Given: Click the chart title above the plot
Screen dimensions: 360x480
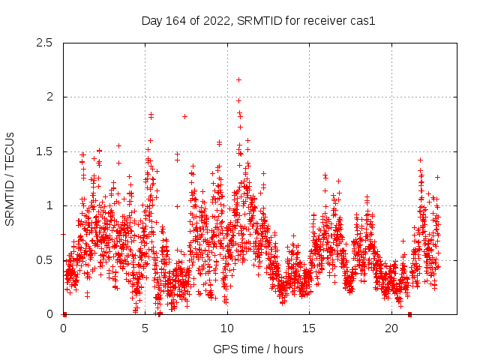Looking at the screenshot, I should tap(258, 20).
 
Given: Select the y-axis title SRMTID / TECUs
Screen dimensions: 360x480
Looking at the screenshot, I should tap(10, 178).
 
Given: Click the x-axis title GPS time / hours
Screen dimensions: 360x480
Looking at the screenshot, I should tap(258, 349).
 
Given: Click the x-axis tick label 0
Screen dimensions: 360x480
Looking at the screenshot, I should tap(63, 328).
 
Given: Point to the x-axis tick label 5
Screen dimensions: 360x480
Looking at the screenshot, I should tap(145, 328).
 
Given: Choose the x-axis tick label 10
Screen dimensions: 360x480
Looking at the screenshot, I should tap(227, 328).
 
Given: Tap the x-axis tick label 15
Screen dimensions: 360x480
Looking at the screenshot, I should tap(310, 328).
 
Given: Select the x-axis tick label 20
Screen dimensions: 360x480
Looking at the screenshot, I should tap(391, 328).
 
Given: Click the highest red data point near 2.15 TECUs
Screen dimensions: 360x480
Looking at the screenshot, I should tap(238, 79).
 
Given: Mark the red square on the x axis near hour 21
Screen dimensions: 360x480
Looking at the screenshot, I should tap(409, 314).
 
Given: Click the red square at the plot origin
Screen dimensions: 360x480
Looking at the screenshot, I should tap(64, 314).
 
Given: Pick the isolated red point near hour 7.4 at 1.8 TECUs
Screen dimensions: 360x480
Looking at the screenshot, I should tap(184, 116).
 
